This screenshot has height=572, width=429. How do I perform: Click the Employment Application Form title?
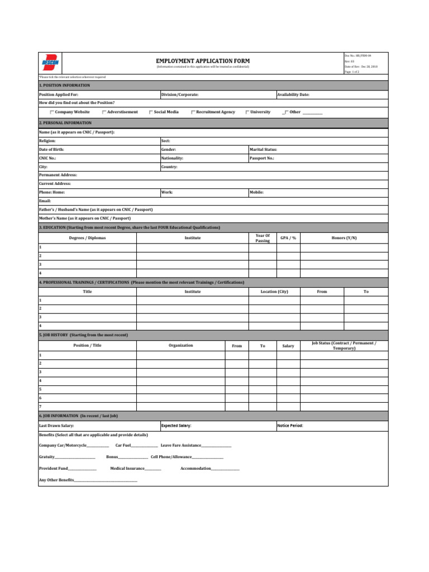203,61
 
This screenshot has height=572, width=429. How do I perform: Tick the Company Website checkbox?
53,112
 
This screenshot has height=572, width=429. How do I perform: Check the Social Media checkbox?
151,112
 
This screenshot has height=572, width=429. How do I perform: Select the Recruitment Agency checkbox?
193,112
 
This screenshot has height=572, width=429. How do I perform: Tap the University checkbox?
247,112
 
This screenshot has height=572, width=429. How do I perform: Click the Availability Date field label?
293,95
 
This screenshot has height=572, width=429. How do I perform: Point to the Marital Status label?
263,150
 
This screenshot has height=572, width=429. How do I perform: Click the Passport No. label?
261,158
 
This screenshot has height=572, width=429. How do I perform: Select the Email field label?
45,201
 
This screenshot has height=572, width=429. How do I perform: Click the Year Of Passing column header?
263,238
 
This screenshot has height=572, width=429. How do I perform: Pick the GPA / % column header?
288,238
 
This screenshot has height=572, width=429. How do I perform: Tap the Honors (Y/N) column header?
344,238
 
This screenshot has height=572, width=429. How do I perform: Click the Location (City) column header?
274,292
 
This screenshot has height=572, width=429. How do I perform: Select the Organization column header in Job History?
180,345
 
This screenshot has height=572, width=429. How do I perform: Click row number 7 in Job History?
40,406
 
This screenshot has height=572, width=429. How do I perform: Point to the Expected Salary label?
176,426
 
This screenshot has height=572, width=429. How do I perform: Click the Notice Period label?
290,426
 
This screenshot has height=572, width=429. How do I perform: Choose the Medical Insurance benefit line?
135,468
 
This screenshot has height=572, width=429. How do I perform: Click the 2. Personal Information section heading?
65,122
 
